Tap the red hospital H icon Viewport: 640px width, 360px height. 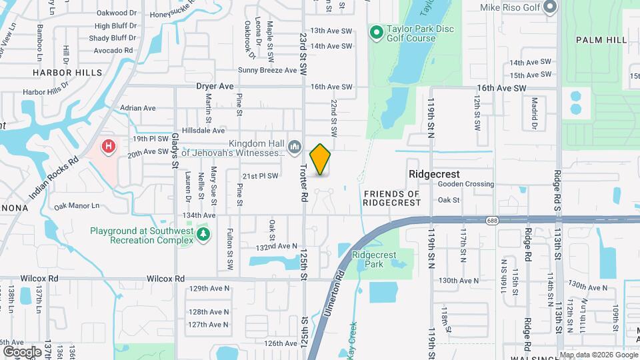pos(107,145)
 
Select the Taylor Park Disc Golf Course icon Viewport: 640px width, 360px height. pos(376,31)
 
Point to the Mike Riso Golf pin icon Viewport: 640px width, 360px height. pos(550,7)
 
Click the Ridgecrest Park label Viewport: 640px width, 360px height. pos(374,259)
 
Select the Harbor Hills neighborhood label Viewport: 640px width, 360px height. pos(67,72)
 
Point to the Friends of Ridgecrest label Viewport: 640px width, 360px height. pos(392,198)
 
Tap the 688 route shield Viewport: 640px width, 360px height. pos(492,220)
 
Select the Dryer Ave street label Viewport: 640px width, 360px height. pos(215,86)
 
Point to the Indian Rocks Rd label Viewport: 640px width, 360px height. pos(54,179)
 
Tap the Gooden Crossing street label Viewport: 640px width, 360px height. pos(467,184)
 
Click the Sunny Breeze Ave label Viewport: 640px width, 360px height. pos(267,70)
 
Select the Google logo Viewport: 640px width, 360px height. pos(22,351)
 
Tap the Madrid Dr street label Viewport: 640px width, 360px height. pos(534,113)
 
